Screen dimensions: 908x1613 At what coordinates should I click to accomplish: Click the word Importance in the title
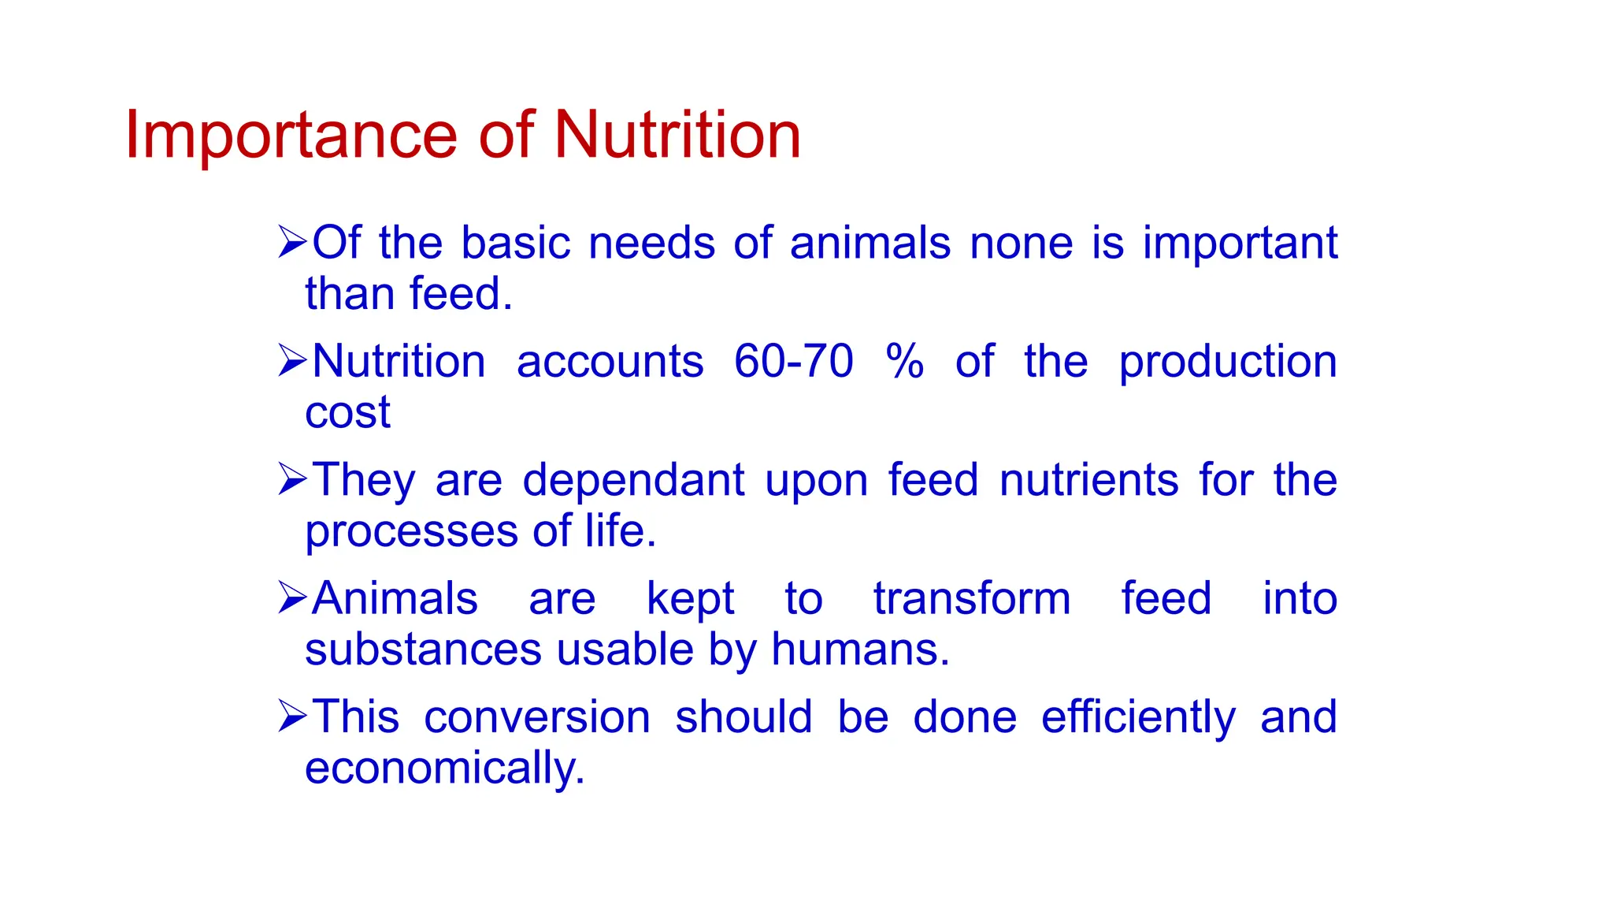[x=291, y=136]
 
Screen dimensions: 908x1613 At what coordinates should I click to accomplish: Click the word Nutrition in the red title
[x=677, y=136]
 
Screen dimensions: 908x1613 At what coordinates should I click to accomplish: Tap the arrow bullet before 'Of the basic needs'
[x=292, y=242]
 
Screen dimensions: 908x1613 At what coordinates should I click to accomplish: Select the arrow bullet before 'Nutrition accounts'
[x=292, y=361]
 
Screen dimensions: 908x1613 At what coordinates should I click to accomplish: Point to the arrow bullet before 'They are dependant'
[x=292, y=479]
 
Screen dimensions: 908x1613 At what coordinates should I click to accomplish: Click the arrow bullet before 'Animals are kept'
[x=292, y=598]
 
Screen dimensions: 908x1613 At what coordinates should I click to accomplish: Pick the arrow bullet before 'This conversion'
[x=292, y=716]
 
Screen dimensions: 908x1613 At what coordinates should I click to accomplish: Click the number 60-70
[x=793, y=362]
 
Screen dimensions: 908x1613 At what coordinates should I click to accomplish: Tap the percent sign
[x=904, y=362]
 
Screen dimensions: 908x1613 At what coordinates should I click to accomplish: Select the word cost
[x=347, y=413]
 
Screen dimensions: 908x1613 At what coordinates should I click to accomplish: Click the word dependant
[x=633, y=480]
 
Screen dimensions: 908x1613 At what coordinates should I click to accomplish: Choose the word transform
[x=972, y=599]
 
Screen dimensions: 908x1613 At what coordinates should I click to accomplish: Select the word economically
[x=444, y=768]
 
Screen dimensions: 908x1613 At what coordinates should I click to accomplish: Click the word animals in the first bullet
[x=870, y=243]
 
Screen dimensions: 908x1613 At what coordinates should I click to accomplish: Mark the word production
[x=1227, y=363]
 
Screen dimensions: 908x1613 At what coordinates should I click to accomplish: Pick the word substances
[x=423, y=650]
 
